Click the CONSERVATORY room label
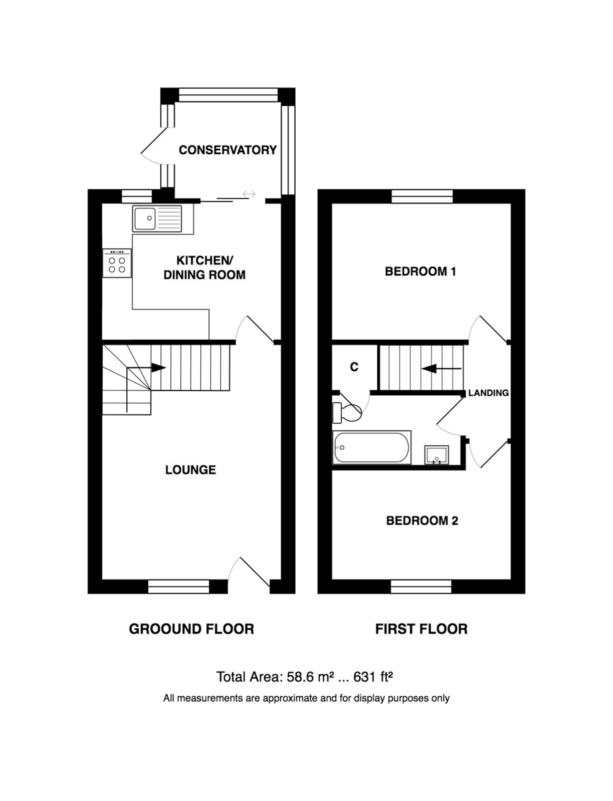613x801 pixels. click(x=228, y=150)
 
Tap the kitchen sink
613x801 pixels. click(x=157, y=218)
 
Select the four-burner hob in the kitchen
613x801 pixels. click(x=117, y=263)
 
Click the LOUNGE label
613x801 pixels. click(x=190, y=470)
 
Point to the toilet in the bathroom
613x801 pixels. click(x=346, y=413)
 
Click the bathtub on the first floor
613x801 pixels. click(x=372, y=447)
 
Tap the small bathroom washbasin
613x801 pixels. click(x=437, y=455)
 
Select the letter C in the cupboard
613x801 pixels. click(x=354, y=366)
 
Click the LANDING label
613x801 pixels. click(x=489, y=392)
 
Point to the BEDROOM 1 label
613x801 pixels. click(x=421, y=272)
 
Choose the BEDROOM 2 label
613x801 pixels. click(x=422, y=521)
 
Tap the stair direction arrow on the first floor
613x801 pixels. click(x=441, y=369)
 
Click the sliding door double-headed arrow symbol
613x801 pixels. click(x=249, y=194)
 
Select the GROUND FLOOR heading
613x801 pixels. click(x=191, y=629)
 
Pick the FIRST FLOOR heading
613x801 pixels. click(x=421, y=629)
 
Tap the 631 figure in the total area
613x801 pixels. click(x=365, y=678)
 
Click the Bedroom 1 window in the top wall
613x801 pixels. click(x=423, y=196)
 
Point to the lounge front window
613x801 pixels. click(x=178, y=587)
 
